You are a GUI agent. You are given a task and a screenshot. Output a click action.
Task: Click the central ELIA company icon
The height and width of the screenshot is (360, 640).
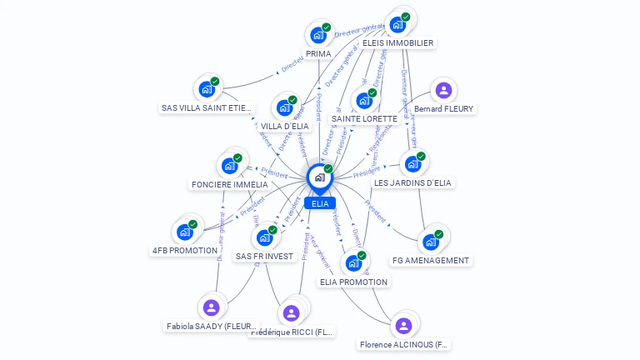pyautogui.click(x=319, y=177)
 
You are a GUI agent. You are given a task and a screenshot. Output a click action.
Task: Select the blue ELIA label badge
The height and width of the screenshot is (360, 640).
pyautogui.click(x=320, y=203)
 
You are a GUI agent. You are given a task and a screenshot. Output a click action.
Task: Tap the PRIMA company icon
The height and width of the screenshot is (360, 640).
pyautogui.click(x=317, y=35)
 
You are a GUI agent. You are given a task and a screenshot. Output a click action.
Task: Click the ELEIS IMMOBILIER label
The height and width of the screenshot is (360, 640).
pyautogui.click(x=397, y=42)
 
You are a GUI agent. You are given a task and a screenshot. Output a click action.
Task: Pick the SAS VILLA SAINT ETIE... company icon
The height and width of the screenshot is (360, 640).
pyautogui.click(x=206, y=88)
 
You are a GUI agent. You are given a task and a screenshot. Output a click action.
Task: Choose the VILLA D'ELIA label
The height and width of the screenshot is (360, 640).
pyautogui.click(x=285, y=126)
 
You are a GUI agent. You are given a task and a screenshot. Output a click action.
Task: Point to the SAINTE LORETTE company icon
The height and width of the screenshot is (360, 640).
pyautogui.click(x=364, y=101)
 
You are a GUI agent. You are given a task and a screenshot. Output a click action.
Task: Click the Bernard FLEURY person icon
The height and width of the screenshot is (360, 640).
pyautogui.click(x=443, y=90)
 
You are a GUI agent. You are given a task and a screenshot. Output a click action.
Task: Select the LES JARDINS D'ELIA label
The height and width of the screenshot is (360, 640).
pyautogui.click(x=412, y=182)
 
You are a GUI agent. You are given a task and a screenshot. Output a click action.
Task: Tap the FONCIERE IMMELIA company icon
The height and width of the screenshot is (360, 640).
pyautogui.click(x=229, y=166)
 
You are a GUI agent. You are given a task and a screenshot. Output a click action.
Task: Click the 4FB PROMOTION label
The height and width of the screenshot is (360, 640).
pyautogui.click(x=185, y=250)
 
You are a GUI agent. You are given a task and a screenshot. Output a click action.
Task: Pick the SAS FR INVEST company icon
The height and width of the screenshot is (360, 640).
pyautogui.click(x=264, y=237)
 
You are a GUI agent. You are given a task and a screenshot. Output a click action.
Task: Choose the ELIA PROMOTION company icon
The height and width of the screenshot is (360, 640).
pyautogui.click(x=353, y=263)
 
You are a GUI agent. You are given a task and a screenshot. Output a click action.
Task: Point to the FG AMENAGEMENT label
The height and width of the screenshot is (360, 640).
pyautogui.click(x=431, y=260)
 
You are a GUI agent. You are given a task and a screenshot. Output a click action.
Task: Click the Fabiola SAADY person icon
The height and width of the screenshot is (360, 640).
pyautogui.click(x=211, y=307)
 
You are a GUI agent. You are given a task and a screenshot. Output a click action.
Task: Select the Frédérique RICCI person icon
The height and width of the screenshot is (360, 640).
pyautogui.click(x=291, y=312)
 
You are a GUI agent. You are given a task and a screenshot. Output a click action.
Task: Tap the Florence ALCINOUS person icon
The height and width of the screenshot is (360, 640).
pyautogui.click(x=404, y=325)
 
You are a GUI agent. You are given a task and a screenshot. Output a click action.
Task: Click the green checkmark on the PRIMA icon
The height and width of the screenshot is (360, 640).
pyautogui.click(x=327, y=27)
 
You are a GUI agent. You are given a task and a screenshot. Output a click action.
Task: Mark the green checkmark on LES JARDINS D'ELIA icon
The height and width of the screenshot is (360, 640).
pyautogui.click(x=421, y=157)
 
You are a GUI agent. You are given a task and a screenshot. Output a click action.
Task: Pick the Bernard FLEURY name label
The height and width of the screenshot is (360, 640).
pyautogui.click(x=443, y=109)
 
